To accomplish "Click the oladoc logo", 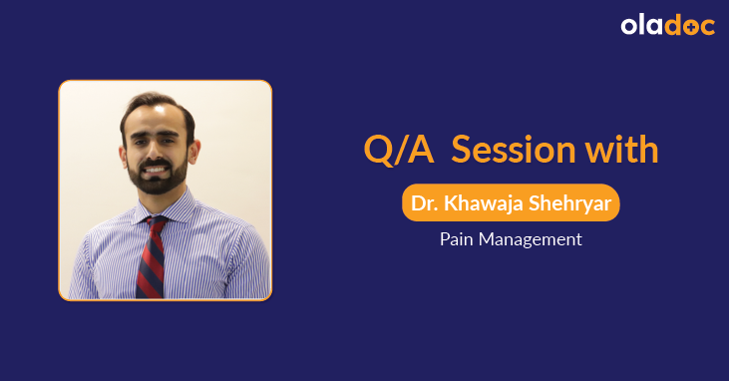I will click(667, 26).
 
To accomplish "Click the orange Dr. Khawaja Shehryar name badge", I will click(511, 203).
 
